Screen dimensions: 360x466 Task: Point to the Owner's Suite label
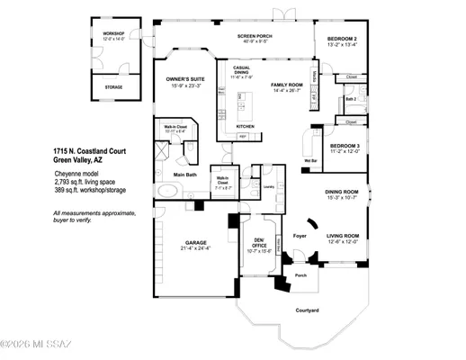(186, 79)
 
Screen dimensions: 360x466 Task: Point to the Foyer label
(300, 238)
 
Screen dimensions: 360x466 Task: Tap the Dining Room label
(343, 192)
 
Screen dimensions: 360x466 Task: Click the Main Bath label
(185, 175)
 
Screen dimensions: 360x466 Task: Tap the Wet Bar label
(311, 161)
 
